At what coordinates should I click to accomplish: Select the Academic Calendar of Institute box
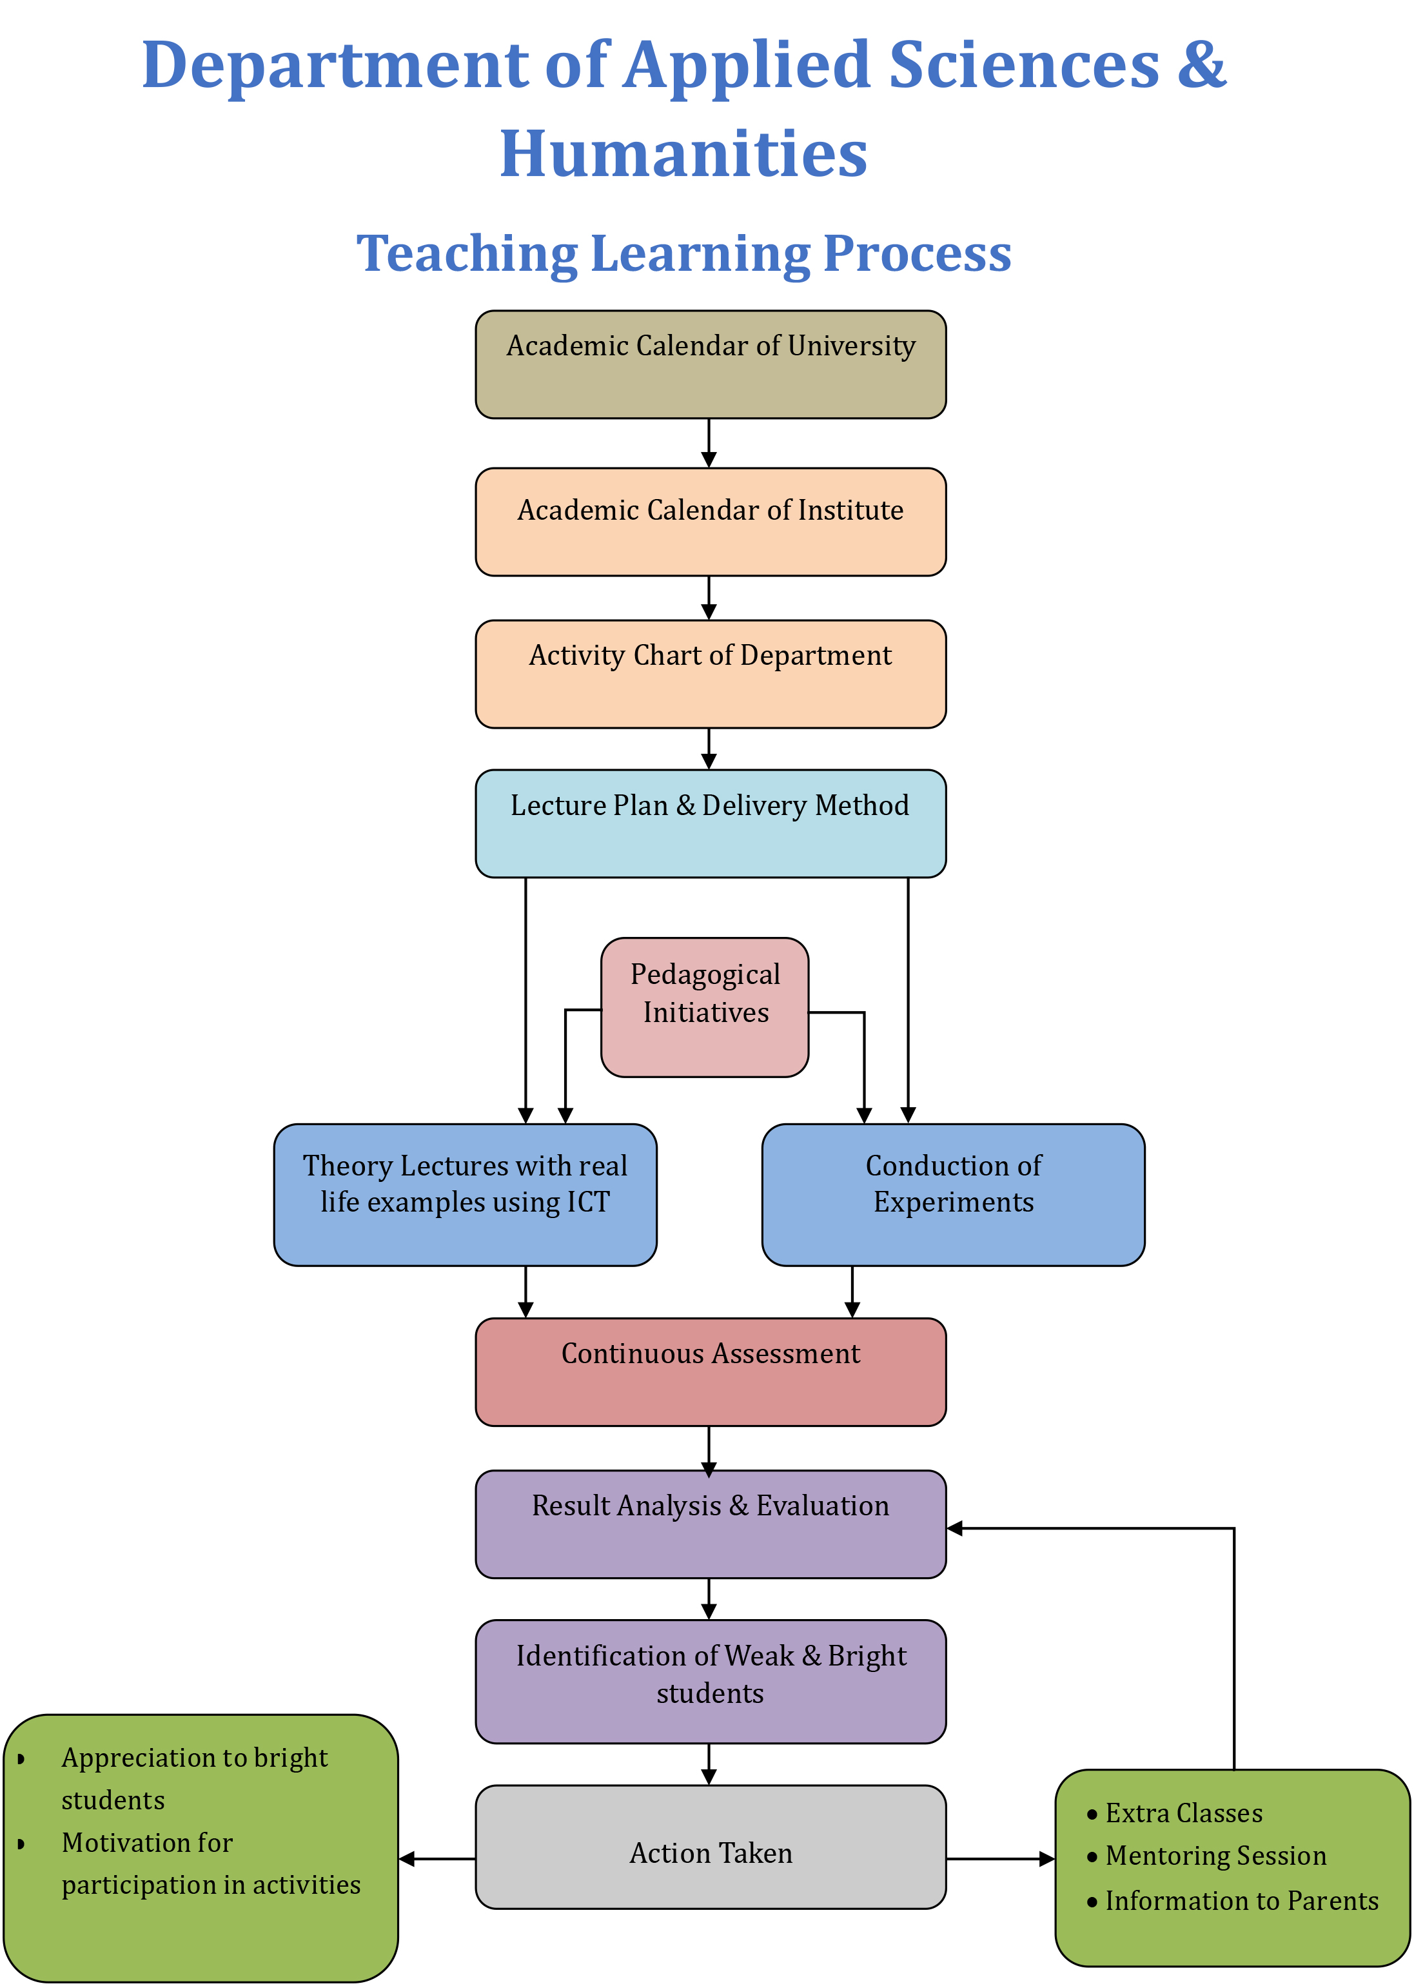[x=711, y=522]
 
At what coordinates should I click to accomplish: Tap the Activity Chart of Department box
[x=711, y=674]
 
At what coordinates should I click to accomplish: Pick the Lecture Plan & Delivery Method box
[x=711, y=823]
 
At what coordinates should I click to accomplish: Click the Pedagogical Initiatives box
[x=705, y=1007]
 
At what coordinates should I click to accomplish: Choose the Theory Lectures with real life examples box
[x=466, y=1195]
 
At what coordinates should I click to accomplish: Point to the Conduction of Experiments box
[x=954, y=1195]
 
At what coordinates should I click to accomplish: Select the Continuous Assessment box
[x=711, y=1372]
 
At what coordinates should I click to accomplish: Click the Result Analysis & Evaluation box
[x=711, y=1524]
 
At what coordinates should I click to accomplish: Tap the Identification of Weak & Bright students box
[x=711, y=1681]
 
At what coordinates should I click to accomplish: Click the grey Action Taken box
[x=711, y=1847]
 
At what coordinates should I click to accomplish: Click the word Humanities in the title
[x=683, y=153]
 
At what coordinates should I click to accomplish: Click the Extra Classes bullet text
[x=1184, y=1814]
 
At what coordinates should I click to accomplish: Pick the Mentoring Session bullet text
[x=1216, y=1856]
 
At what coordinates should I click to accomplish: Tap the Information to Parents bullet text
[x=1242, y=1901]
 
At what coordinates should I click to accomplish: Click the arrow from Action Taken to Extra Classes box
[x=1001, y=1859]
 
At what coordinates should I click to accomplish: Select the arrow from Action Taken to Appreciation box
[x=437, y=1859]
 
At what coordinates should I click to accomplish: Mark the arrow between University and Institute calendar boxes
[x=710, y=443]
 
